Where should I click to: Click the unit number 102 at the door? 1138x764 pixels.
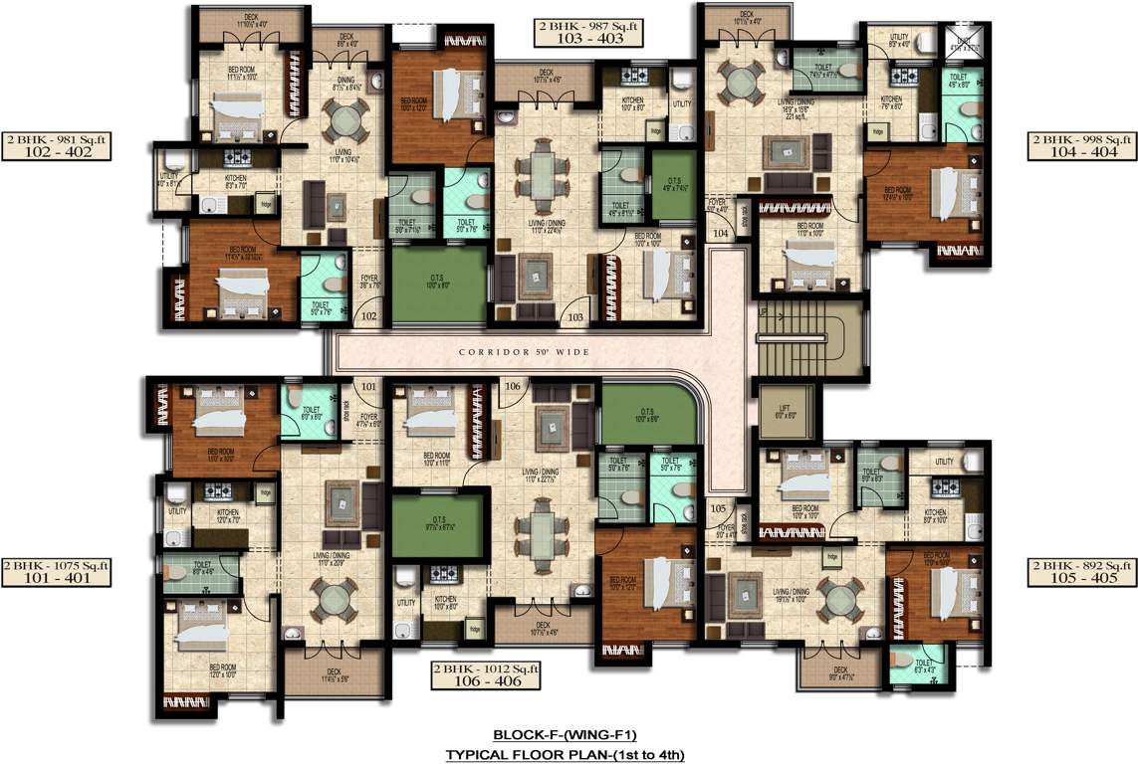click(369, 316)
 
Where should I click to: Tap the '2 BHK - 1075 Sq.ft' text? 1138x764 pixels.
click(56, 565)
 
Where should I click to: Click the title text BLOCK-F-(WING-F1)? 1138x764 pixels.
click(565, 736)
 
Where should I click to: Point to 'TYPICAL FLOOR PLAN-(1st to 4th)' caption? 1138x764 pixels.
click(565, 755)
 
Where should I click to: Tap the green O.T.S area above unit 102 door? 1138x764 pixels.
click(438, 284)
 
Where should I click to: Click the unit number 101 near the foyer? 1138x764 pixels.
click(368, 386)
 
